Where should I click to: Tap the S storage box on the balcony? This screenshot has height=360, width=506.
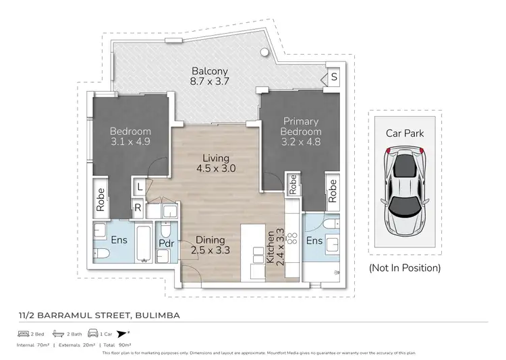[333, 78]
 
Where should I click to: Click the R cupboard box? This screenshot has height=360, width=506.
[138, 208]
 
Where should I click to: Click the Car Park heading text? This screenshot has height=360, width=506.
[405, 133]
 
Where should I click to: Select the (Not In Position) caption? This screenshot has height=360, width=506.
[405, 268]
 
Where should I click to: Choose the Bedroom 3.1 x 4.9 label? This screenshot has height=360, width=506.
[131, 136]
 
